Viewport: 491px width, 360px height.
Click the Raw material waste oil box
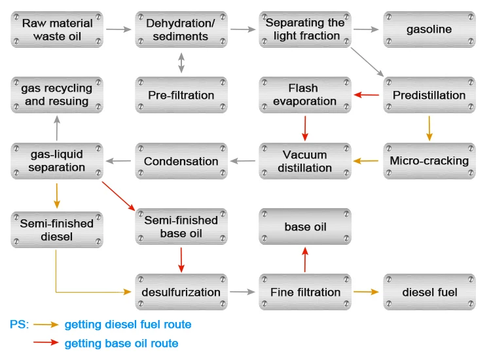pyautogui.click(x=58, y=29)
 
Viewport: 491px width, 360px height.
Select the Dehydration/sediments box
pyautogui.click(x=181, y=29)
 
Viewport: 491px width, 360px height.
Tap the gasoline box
pyautogui.click(x=429, y=29)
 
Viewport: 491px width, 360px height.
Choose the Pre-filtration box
pyautogui.click(x=181, y=95)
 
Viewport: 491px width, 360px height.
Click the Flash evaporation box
pyautogui.click(x=304, y=95)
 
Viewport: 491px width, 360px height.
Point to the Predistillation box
pyautogui.click(x=429, y=95)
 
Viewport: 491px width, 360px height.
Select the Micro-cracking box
pyautogui.click(x=429, y=161)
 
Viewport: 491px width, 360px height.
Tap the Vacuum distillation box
pyautogui.click(x=304, y=161)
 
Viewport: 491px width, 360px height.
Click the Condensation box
pyautogui.click(x=181, y=161)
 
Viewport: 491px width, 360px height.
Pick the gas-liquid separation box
pyautogui.click(x=58, y=161)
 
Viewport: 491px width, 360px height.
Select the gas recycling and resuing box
pyautogui.click(x=58, y=95)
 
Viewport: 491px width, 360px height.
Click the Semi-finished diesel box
pyautogui.click(x=58, y=229)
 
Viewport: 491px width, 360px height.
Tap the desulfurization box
pyautogui.click(x=181, y=292)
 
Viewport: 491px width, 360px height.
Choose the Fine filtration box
pyautogui.click(x=304, y=292)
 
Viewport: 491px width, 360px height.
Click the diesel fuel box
pyautogui.click(x=429, y=292)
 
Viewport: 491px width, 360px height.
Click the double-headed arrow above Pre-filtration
pyautogui.click(x=181, y=62)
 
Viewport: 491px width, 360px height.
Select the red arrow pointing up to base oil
pyautogui.click(x=304, y=260)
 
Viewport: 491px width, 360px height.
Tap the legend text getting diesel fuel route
pyautogui.click(x=128, y=324)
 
